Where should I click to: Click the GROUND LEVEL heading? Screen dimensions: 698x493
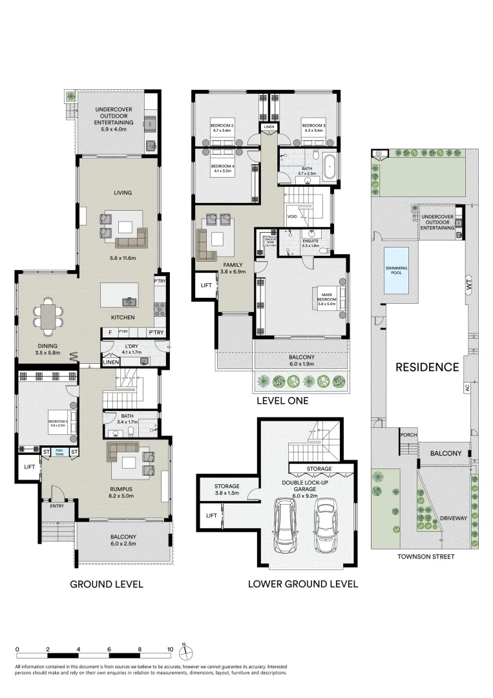[106, 584]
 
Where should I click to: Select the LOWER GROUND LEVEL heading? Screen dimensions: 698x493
[302, 584]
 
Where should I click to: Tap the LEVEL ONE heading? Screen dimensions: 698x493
[282, 401]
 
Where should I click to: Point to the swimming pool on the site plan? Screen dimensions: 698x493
[397, 270]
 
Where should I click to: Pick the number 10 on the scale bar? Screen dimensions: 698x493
[170, 649]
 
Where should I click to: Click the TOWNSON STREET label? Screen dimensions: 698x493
[423, 556]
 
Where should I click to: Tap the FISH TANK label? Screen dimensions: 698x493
[59, 452]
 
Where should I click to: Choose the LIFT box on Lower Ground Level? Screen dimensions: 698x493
[211, 515]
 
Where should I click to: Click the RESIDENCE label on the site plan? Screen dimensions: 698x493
[427, 368]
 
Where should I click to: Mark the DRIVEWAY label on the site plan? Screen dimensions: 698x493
[452, 518]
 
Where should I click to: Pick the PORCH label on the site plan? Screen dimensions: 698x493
[408, 434]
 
